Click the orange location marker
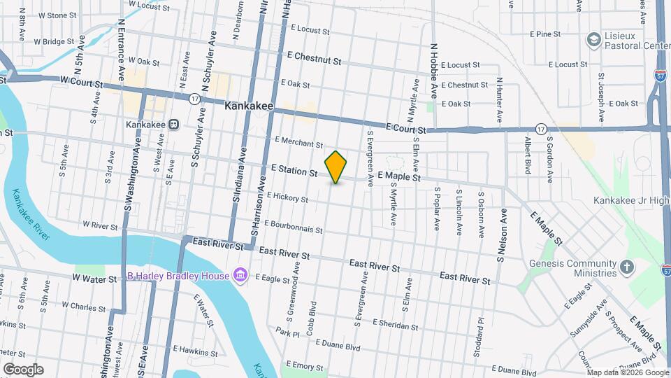(336, 167)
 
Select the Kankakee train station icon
(174, 125)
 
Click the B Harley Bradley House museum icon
(240, 275)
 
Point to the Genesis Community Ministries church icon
(627, 267)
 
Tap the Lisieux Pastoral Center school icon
(595, 38)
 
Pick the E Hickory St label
(287, 199)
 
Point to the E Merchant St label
(298, 143)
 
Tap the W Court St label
(82, 81)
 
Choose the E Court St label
(405, 129)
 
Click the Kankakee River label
(31, 214)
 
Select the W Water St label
(94, 279)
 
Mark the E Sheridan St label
(396, 324)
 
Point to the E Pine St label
(546, 34)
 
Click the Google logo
(23, 369)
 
